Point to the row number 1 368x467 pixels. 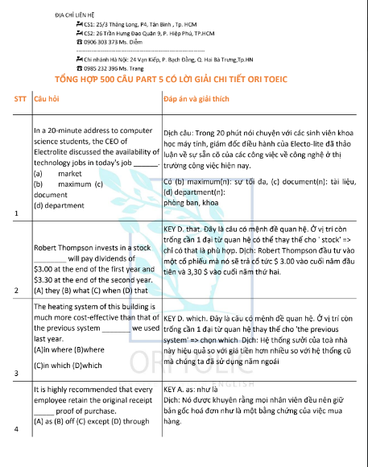point(17,213)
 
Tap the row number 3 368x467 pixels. point(17,374)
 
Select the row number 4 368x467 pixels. point(17,452)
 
